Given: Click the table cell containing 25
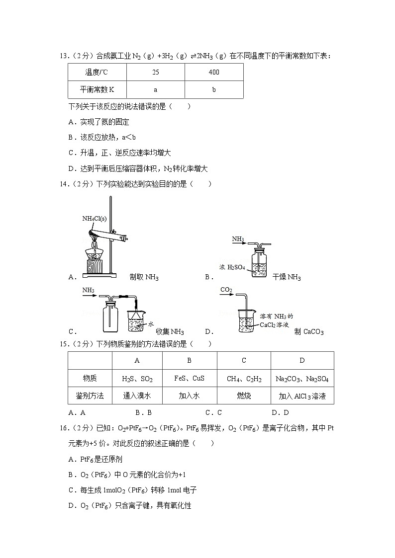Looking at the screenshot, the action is click(156, 73).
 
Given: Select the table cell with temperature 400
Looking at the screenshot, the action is click(214, 73).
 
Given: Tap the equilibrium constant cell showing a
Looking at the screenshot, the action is click(156, 90).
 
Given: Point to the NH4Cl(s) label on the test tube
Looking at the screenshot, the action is click(95, 218).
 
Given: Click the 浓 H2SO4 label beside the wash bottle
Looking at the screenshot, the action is click(232, 267).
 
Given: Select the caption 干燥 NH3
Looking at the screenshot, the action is click(287, 277).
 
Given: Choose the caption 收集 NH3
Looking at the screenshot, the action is click(170, 332).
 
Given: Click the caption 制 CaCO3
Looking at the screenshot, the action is click(308, 332).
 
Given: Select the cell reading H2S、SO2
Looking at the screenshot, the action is click(137, 379).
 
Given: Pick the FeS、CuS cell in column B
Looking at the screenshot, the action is click(190, 379).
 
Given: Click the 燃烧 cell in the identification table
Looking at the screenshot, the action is click(244, 396).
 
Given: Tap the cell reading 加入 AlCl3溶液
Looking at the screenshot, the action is click(302, 396).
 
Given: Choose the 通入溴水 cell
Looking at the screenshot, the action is click(137, 396).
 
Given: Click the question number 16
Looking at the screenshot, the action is click(64, 427).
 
